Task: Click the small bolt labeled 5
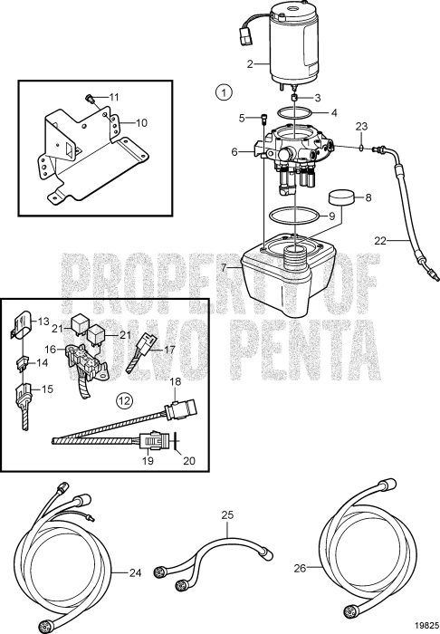pyautogui.click(x=263, y=119)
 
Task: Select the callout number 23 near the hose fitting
pyautogui.click(x=360, y=126)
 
